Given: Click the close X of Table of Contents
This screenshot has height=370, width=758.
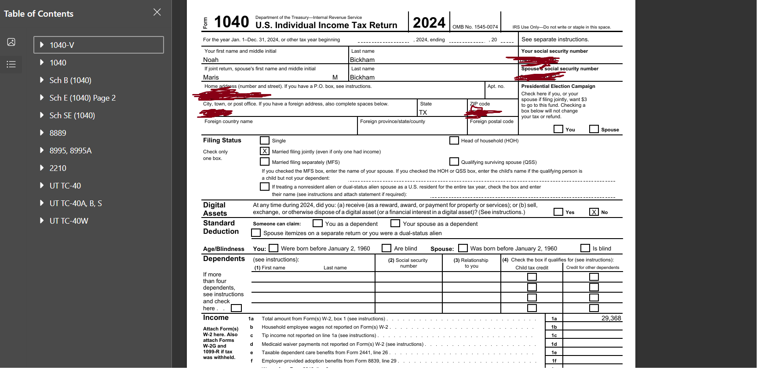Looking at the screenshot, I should point(157,12).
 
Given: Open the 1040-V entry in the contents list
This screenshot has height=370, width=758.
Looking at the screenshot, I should point(62,45).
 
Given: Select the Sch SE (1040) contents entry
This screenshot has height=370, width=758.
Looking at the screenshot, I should point(72,116).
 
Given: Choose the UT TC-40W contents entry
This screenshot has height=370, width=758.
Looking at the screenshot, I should point(69,221).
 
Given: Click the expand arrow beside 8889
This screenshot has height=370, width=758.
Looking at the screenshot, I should point(42,133).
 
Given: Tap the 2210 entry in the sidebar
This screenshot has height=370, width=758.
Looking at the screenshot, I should point(58,168).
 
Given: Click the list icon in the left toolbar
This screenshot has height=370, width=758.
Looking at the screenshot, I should point(11,64).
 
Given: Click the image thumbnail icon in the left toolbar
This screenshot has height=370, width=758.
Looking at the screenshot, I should point(11,42).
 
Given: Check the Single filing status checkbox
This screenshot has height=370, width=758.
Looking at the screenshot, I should point(265,141).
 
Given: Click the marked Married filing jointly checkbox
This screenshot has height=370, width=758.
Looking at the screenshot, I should point(265,151).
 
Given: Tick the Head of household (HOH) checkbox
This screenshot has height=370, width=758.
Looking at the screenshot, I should point(454,141).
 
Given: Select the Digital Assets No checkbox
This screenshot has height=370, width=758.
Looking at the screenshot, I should point(594,212).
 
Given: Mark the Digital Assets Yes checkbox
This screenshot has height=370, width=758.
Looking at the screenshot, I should point(558,212).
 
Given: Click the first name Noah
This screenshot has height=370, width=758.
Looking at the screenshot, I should point(211,60).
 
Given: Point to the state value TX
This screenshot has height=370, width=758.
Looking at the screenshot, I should point(423,112).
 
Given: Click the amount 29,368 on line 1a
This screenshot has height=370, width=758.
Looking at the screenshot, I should point(611,318).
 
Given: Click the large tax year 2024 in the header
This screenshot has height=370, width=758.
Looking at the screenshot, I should point(429,22).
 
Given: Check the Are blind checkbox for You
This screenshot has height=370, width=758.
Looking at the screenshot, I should point(386,248).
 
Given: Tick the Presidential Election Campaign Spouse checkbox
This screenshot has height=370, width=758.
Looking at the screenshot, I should point(594,129).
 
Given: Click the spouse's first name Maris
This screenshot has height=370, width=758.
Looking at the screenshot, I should point(211,77).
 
